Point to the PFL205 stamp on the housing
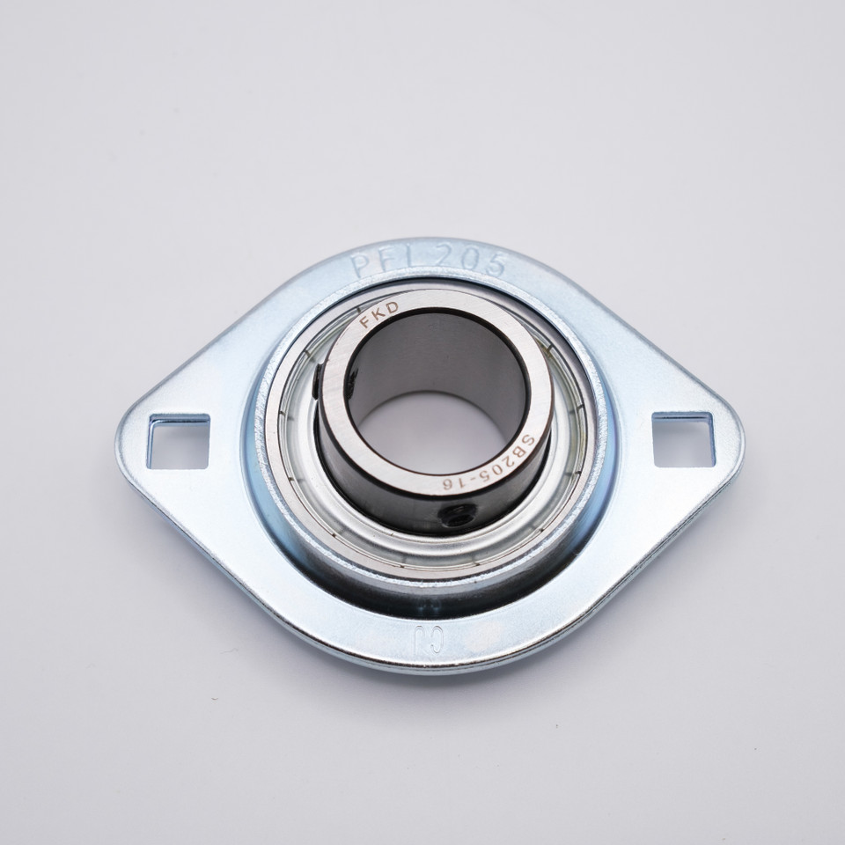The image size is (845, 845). (x=429, y=261)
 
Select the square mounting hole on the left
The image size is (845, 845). (x=178, y=440)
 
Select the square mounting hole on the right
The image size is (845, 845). (x=683, y=438)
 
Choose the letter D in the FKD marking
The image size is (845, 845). (x=392, y=307)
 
